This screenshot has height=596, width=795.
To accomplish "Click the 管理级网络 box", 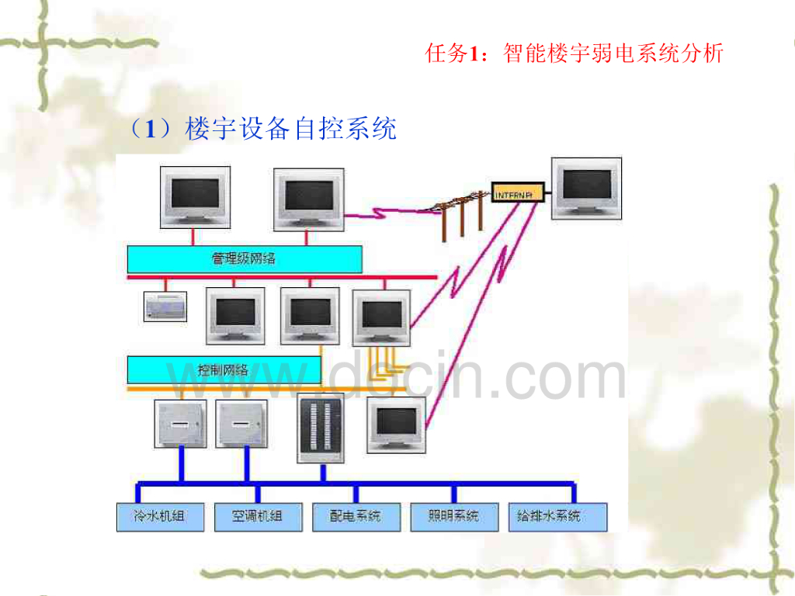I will point(245,259).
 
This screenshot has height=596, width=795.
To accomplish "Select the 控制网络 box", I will point(224,369).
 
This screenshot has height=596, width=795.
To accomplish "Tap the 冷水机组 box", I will point(161,516).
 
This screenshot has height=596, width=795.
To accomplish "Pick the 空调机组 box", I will point(258,516).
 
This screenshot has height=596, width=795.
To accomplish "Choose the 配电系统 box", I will point(356,516).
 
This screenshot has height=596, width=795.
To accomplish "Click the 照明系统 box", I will point(454,516).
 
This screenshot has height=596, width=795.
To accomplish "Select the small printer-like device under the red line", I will point(165,306).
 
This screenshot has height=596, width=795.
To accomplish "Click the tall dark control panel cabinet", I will point(321,428).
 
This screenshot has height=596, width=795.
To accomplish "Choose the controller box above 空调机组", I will point(241,423).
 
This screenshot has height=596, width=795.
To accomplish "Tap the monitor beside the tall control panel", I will point(396,423).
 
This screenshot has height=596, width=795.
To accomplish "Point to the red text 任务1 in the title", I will point(449,54).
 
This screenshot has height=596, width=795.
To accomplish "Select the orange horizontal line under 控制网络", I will point(225,387).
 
